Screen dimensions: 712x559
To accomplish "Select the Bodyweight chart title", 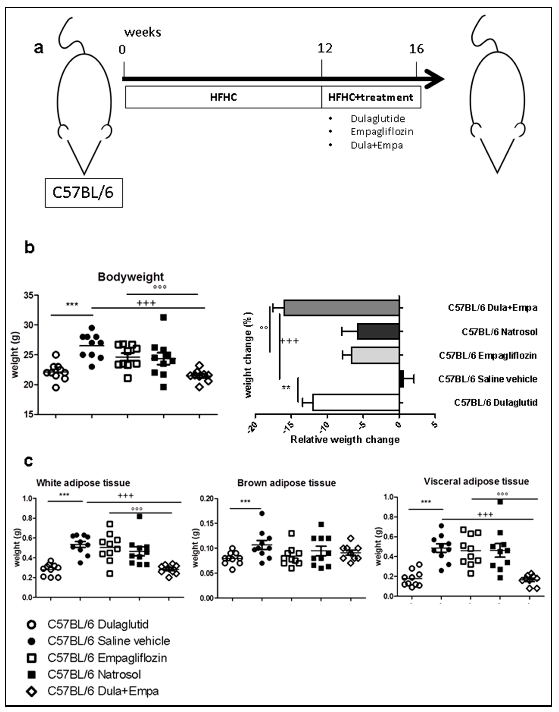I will pos(131,277).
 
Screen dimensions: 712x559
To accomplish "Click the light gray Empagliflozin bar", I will pos(375,355).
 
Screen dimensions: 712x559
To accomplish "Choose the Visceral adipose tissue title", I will pos(476,481).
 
